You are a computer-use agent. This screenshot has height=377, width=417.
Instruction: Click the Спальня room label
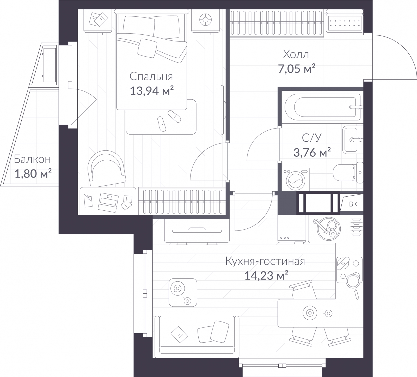click(x=151, y=77)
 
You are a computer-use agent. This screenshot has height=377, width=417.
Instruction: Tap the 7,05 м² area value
click(x=297, y=69)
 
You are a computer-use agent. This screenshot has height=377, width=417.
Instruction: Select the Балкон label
click(x=32, y=159)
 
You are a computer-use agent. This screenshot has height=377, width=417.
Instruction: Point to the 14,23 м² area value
click(x=266, y=275)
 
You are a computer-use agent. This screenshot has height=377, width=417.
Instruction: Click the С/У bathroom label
click(x=312, y=138)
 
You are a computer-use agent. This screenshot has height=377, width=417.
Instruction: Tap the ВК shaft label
click(x=353, y=204)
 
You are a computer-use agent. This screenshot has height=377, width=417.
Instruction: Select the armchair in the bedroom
click(x=106, y=169)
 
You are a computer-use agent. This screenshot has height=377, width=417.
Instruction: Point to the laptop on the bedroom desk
click(x=108, y=202)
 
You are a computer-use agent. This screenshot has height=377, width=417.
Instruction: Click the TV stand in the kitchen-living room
click(x=197, y=231)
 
